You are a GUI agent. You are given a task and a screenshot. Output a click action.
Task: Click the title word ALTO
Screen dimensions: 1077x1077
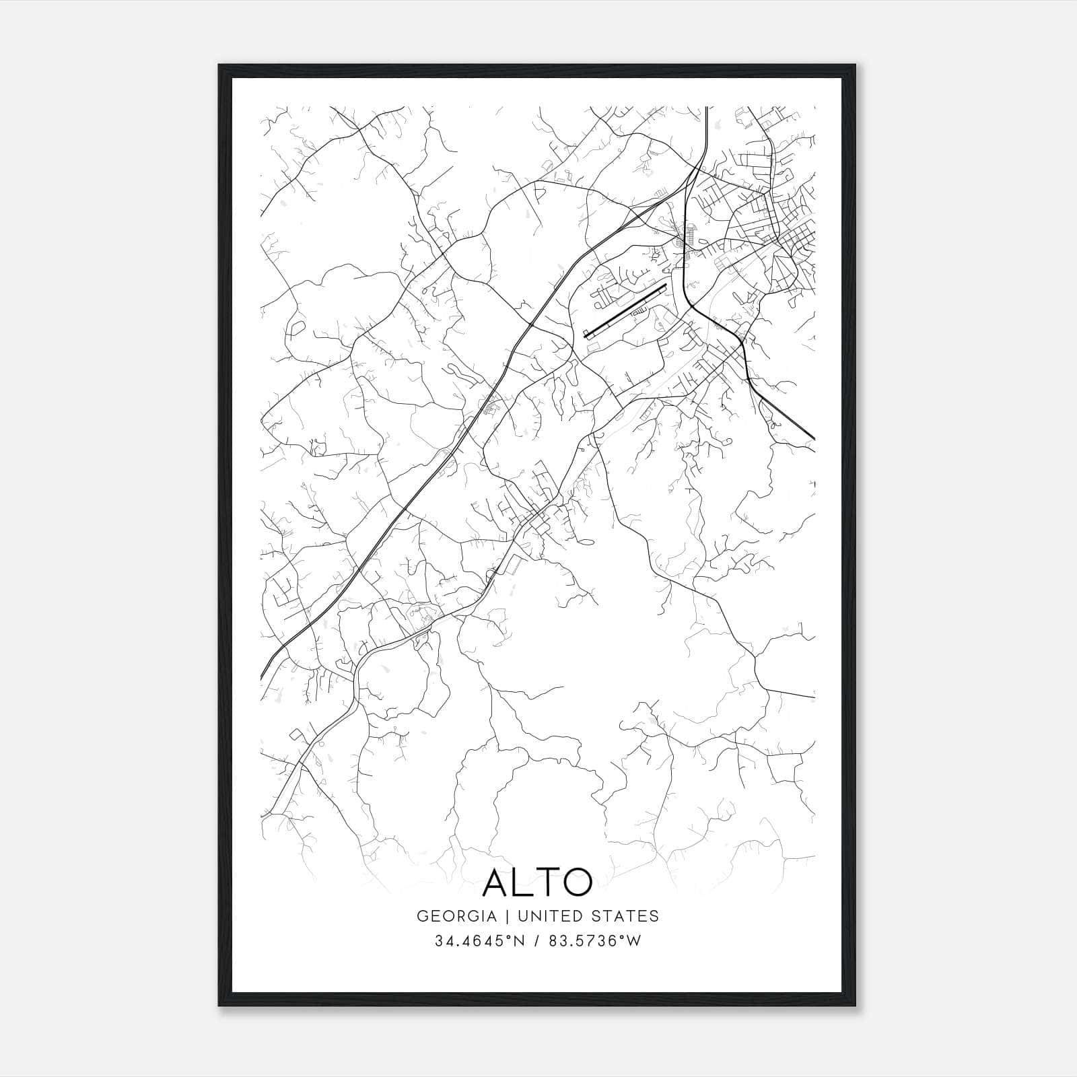(x=538, y=882)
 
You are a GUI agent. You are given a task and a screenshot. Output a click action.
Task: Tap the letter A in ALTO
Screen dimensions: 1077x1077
(x=497, y=882)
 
